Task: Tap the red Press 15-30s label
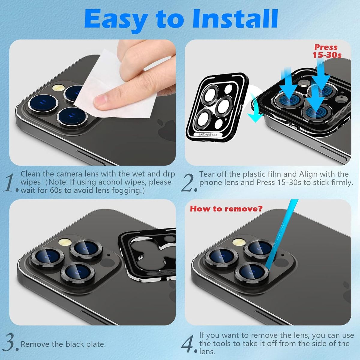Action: pyautogui.click(x=327, y=51)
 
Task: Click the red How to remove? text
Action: pyautogui.click(x=226, y=209)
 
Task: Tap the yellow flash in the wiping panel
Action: pyautogui.click(x=58, y=87)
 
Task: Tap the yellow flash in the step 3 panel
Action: pyautogui.click(x=64, y=242)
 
